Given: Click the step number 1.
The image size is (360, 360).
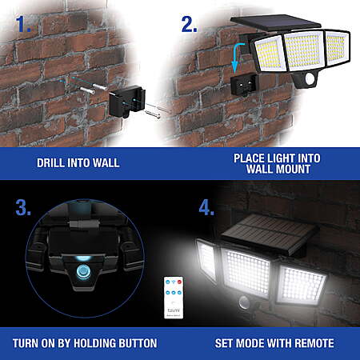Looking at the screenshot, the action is point(23,24).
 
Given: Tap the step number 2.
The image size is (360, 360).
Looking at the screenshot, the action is point(189,24).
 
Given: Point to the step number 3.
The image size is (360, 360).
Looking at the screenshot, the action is point(23,207).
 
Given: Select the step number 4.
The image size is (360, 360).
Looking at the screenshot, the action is point(206,207).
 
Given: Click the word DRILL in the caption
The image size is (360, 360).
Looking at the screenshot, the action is point(50,163).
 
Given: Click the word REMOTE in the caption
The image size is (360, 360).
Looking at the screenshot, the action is point(314,343).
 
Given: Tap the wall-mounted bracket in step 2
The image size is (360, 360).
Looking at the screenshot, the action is point(245,84).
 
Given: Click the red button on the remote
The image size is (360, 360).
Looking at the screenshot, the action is point(179,282).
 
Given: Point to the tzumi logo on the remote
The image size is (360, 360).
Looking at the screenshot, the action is point(174,310).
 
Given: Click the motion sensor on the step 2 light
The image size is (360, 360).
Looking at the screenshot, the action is point(310,78).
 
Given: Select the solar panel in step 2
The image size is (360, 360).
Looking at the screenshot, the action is point(276,23).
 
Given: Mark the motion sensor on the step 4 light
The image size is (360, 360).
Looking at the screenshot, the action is point(244,302).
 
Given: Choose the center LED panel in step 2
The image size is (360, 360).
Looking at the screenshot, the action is point(304,50).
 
